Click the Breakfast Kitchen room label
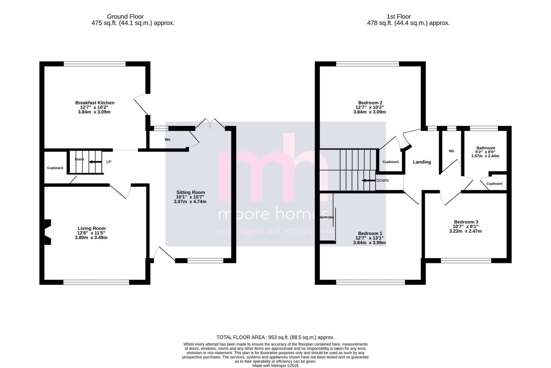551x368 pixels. click(x=95, y=103)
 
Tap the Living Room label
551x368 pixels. click(x=92, y=228)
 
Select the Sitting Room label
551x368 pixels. click(x=190, y=192)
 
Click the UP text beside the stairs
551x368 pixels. click(x=109, y=162)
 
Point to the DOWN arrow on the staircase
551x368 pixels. click(x=368, y=180)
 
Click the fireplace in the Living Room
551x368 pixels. click(x=48, y=232)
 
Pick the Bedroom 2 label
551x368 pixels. click(x=370, y=103)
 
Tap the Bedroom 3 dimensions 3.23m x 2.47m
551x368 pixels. click(x=465, y=231)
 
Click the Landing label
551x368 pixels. click(x=422, y=162)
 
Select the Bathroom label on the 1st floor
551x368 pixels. click(x=486, y=148)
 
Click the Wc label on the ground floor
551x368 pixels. click(x=168, y=140)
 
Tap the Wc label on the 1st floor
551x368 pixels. click(x=451, y=151)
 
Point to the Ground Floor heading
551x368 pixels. click(x=125, y=17)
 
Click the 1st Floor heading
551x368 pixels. click(x=399, y=17)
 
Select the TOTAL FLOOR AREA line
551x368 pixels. click(x=275, y=337)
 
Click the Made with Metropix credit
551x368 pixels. click(x=275, y=366)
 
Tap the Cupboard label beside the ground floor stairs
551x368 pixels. click(x=55, y=168)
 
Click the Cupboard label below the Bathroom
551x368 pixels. click(x=494, y=184)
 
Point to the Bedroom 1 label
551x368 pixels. click(x=370, y=234)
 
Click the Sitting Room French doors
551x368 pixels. click(x=210, y=124)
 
